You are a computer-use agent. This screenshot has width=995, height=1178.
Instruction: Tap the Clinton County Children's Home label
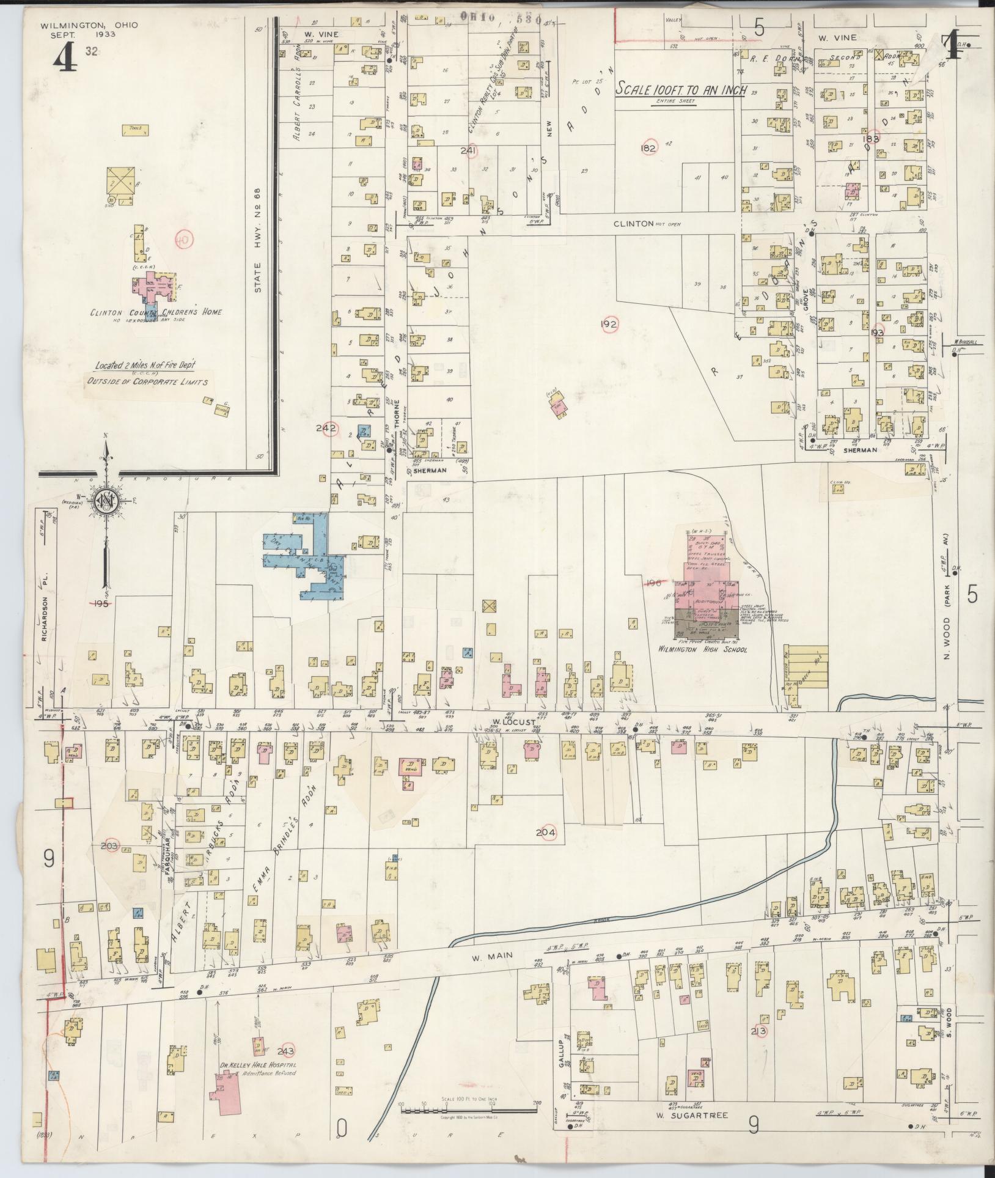coord(156,312)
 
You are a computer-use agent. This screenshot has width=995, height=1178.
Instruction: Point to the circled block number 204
coord(546,832)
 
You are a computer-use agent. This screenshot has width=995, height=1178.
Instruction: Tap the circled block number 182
coord(648,148)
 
